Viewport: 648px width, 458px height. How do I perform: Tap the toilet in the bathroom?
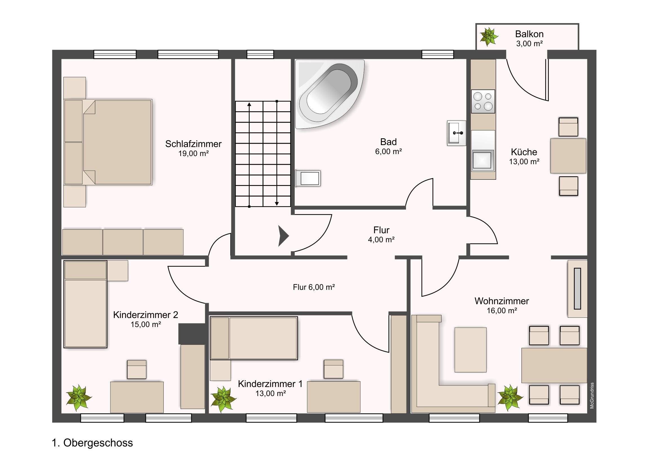pos(308,178)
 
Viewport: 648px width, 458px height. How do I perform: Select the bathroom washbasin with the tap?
pos(456,133)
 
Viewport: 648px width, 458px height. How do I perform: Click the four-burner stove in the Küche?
pos(483,102)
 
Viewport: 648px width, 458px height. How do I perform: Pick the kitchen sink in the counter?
pos(483,161)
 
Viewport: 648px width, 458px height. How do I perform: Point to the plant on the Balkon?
pos(489,37)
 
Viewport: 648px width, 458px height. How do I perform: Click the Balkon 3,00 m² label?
pos(529,38)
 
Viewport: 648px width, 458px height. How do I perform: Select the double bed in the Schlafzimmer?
pos(108,142)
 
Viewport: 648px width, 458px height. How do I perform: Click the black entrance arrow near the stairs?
pos(283,236)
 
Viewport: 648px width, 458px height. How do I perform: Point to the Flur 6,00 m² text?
pos(314,287)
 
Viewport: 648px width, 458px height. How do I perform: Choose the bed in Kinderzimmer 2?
pos(85,304)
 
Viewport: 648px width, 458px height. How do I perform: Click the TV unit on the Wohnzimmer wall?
pos(578,289)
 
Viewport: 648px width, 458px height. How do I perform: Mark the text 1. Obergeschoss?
pos(92,443)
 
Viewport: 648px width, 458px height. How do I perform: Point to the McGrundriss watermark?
pos(592,396)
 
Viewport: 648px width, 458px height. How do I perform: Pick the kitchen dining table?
pos(568,156)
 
